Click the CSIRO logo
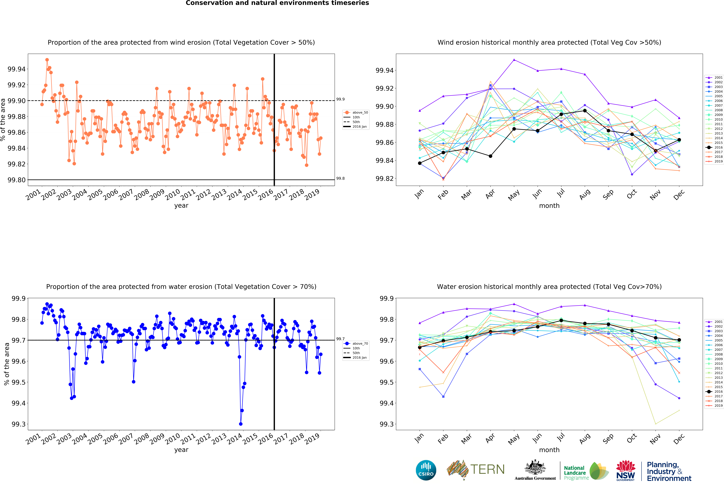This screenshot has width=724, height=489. [x=426, y=470]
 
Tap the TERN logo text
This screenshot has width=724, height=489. [x=488, y=469]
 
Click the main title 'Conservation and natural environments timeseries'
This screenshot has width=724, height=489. [x=277, y=3]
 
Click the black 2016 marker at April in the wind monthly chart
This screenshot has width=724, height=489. [x=490, y=156]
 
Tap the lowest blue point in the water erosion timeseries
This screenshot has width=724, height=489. [x=240, y=424]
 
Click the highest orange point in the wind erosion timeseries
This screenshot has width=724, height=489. [x=47, y=60]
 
